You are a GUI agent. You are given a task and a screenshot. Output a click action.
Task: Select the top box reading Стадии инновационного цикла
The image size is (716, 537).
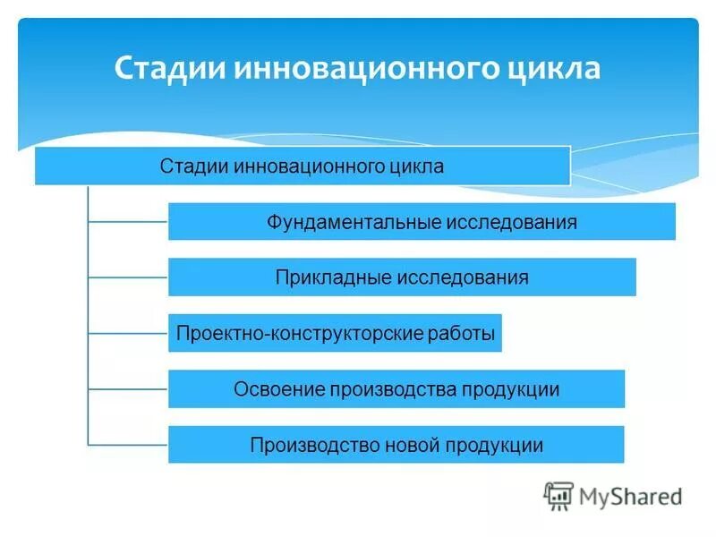pos(302,166)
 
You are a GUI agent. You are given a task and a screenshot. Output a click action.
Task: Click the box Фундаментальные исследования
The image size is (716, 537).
pos(422,222)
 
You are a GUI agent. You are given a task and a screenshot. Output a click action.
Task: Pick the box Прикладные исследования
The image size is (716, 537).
pos(402,277)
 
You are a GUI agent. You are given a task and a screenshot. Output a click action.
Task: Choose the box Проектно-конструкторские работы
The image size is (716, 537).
pos(335,334)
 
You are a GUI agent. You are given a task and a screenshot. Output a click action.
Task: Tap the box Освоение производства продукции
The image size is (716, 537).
pos(396,389)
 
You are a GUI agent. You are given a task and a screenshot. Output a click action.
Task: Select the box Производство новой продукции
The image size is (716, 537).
pos(396,445)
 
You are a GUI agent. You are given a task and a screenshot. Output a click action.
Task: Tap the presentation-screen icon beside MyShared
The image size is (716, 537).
pos(558,496)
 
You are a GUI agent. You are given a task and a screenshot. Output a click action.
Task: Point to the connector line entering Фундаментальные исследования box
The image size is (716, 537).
pos(128,221)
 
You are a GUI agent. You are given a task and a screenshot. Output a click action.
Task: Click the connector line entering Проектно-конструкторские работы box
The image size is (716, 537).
pos(128,333)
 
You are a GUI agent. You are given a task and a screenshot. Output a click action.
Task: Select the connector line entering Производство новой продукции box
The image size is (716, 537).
pos(128,444)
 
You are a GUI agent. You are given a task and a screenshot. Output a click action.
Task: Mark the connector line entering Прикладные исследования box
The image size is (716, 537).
pos(128,277)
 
